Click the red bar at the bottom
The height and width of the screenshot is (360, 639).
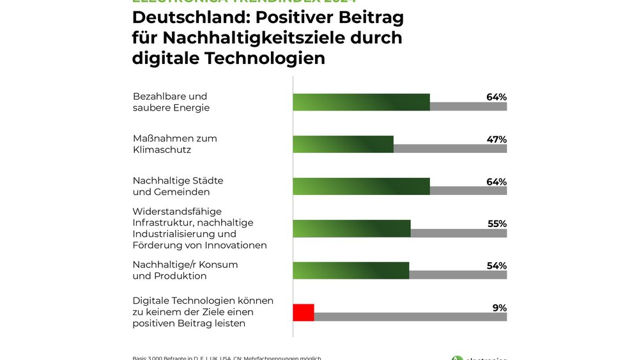coord(304,313)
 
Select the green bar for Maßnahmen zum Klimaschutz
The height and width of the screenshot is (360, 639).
coord(343,144)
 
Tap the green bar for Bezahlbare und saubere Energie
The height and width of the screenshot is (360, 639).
coord(361,102)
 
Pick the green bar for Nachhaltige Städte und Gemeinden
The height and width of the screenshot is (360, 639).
coord(361,186)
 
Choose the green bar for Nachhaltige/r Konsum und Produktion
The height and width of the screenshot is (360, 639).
coord(351,270)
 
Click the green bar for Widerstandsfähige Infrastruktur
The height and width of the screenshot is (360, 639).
coord(351,228)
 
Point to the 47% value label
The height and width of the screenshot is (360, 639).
coord(496,139)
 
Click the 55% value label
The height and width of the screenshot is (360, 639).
coord(496,224)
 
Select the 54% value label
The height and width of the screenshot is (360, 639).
coord(496,266)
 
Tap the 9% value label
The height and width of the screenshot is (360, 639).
coord(499,308)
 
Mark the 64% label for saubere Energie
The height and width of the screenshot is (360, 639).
coord(496,97)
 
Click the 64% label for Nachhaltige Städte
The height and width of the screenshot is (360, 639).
coord(496,182)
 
